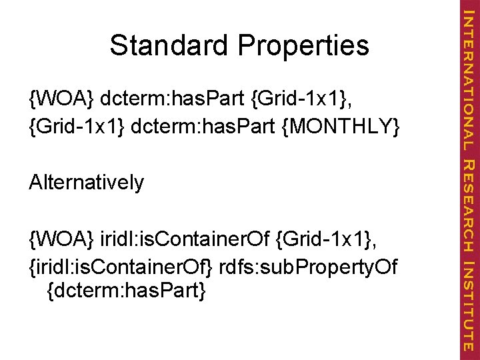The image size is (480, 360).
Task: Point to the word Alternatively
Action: coord(87,182)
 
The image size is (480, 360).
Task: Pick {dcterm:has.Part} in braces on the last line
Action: coord(127,291)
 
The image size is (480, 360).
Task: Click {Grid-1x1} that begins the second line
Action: coord(78,127)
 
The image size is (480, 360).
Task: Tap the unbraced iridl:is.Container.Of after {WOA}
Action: coord(185,237)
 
